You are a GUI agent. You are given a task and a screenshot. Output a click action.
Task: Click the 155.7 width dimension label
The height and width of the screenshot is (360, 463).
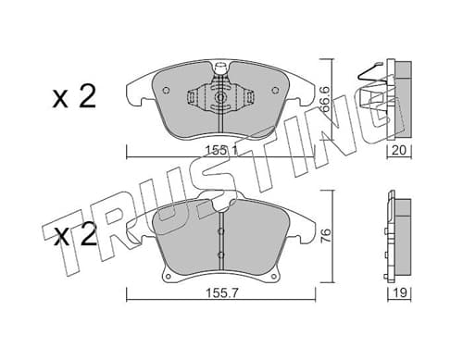(x=221, y=293)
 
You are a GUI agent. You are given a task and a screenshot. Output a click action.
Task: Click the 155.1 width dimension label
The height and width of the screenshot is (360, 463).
(x=221, y=151)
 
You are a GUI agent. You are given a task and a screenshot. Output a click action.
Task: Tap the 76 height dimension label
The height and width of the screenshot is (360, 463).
(x=327, y=236)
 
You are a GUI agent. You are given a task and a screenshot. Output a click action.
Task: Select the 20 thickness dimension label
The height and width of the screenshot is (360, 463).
(x=399, y=151)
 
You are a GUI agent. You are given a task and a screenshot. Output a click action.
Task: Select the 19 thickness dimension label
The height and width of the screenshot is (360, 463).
(x=400, y=292)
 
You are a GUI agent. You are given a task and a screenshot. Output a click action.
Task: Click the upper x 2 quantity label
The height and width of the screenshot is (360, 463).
(x=74, y=96)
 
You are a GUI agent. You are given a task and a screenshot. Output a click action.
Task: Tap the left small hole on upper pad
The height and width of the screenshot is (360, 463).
(x=166, y=91)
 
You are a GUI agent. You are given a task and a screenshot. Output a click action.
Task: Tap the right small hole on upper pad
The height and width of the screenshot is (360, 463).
(x=275, y=91)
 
